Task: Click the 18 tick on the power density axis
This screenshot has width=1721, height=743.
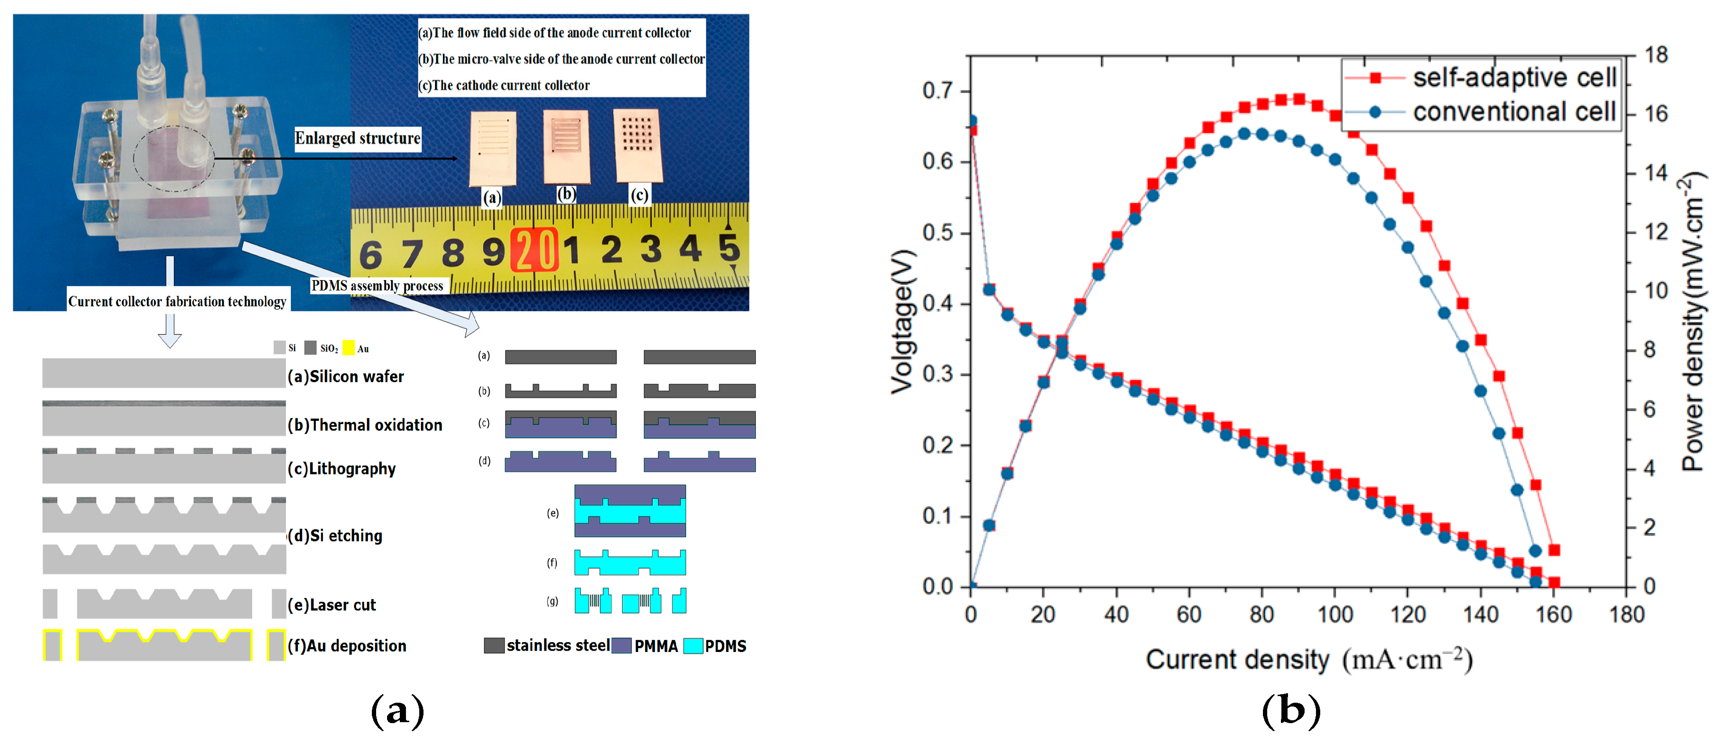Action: [1656, 55]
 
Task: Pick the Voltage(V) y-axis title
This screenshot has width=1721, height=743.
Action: [902, 321]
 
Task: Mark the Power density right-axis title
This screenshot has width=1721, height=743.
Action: [1693, 321]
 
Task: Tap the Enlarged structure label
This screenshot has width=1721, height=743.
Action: [358, 138]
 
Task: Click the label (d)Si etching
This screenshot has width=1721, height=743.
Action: [336, 536]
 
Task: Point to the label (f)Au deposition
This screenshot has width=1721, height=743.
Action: [347, 645]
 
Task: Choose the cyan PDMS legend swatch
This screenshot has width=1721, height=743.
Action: [693, 645]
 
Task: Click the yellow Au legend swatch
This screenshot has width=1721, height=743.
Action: [348, 347]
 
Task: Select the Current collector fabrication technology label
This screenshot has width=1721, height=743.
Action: [177, 301]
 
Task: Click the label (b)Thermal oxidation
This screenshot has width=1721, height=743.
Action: [365, 425]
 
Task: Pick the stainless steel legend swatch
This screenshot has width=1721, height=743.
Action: [494, 645]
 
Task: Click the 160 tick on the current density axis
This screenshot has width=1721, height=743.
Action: [1554, 613]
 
